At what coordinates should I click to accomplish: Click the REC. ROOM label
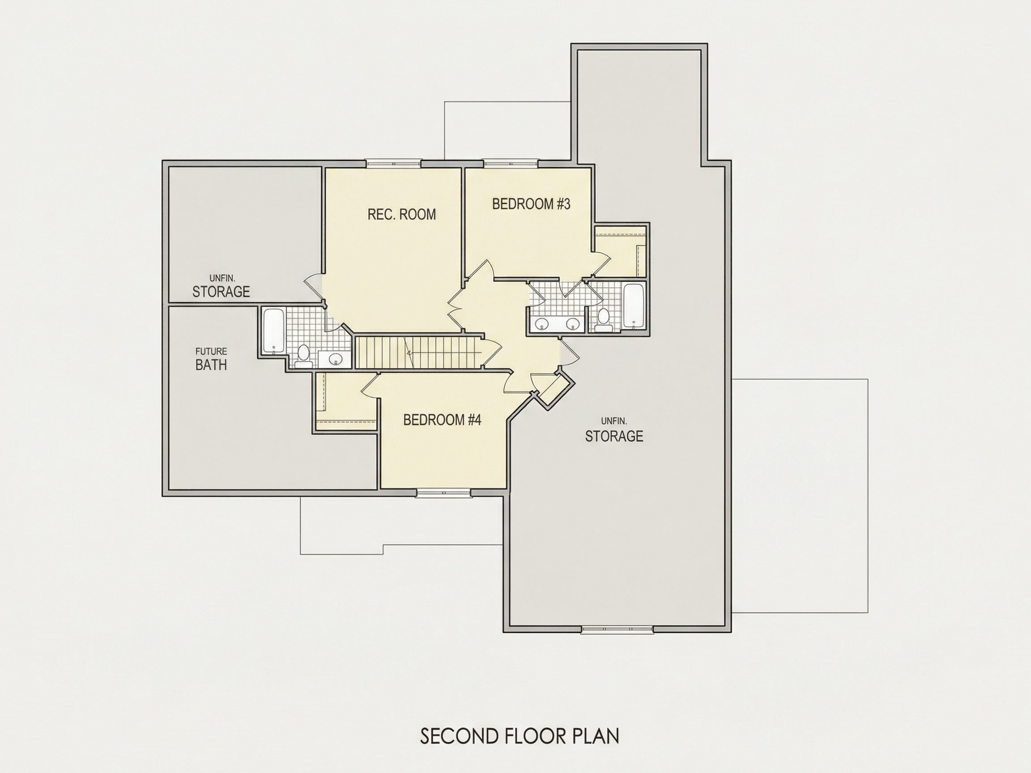pos(402,214)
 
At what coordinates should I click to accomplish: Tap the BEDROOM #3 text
pos(531,204)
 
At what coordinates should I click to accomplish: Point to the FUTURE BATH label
pos(211,359)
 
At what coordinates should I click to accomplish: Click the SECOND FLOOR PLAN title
pos(520,736)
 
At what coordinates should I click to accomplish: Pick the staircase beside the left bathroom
pos(418,352)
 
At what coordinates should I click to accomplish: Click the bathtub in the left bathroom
pos(273,330)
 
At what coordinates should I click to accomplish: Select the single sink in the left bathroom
pos(335,359)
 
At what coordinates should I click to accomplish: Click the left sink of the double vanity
pos(541,323)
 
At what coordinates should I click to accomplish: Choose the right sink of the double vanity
pos(572,323)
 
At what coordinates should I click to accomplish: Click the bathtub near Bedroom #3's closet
pos(634,305)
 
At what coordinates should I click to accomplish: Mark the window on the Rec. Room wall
pos(393,164)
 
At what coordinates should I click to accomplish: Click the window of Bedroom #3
pos(511,164)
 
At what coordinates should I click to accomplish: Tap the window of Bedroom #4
pos(443,493)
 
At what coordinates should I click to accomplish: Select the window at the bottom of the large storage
pos(617,629)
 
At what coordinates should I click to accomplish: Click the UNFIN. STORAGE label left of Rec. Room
pos(222,286)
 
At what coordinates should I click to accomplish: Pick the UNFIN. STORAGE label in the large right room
pos(614,430)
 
